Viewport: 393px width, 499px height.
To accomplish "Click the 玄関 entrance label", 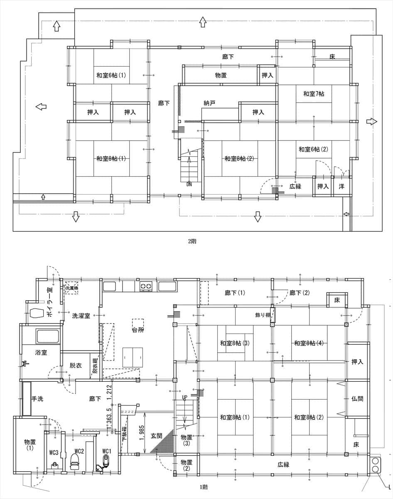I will (x=156, y=436).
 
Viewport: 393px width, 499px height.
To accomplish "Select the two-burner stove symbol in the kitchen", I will (x=146, y=287).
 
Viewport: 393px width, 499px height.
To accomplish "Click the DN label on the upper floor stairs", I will (x=189, y=183).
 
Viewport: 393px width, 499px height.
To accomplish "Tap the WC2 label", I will (x=80, y=451).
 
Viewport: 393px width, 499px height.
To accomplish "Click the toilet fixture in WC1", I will (x=107, y=462).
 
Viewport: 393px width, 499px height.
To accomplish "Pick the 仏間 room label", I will (x=357, y=398).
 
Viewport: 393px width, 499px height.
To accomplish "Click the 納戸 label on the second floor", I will (x=209, y=104).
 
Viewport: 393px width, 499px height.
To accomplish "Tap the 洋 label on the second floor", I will (x=341, y=187).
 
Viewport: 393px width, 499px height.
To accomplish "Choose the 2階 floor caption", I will (x=192, y=241).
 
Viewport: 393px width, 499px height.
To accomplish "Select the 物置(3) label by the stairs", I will (x=187, y=440).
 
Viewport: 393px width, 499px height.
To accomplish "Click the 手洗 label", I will (x=39, y=399).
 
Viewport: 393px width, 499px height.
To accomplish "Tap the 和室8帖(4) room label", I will (x=309, y=343).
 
